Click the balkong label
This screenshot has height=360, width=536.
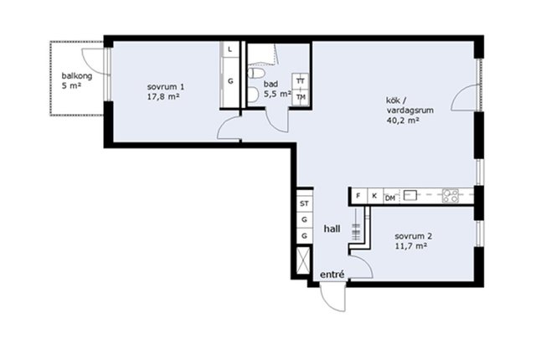(77, 76)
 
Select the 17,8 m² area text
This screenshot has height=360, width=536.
(163, 96)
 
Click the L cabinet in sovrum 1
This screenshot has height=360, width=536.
(230, 49)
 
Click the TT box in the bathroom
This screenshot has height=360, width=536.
(301, 81)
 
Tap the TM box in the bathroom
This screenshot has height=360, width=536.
(301, 97)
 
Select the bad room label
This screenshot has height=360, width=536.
(271, 84)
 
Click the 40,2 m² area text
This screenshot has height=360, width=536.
(403, 121)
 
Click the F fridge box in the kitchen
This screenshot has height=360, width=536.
(358, 196)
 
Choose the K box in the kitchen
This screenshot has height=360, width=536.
(374, 196)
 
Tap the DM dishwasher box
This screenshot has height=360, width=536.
(390, 198)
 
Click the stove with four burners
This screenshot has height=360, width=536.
(451, 196)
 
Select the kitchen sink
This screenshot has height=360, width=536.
(411, 195)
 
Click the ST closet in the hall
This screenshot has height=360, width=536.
(304, 203)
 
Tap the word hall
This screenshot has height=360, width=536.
(332, 229)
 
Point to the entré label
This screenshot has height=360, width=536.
(332, 275)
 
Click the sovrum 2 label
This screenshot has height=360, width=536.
(413, 236)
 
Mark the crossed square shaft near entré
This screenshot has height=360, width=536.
(303, 260)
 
